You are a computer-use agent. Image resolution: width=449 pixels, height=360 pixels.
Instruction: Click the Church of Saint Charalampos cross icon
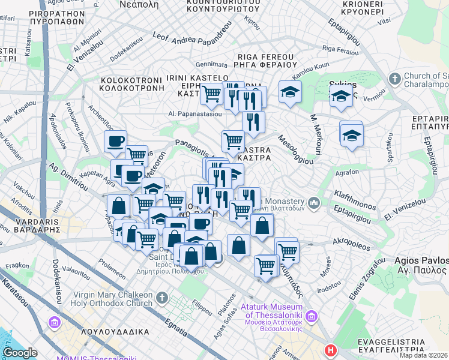[x=394, y=79]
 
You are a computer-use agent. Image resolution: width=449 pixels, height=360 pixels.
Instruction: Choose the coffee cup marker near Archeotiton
[x=115, y=142]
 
